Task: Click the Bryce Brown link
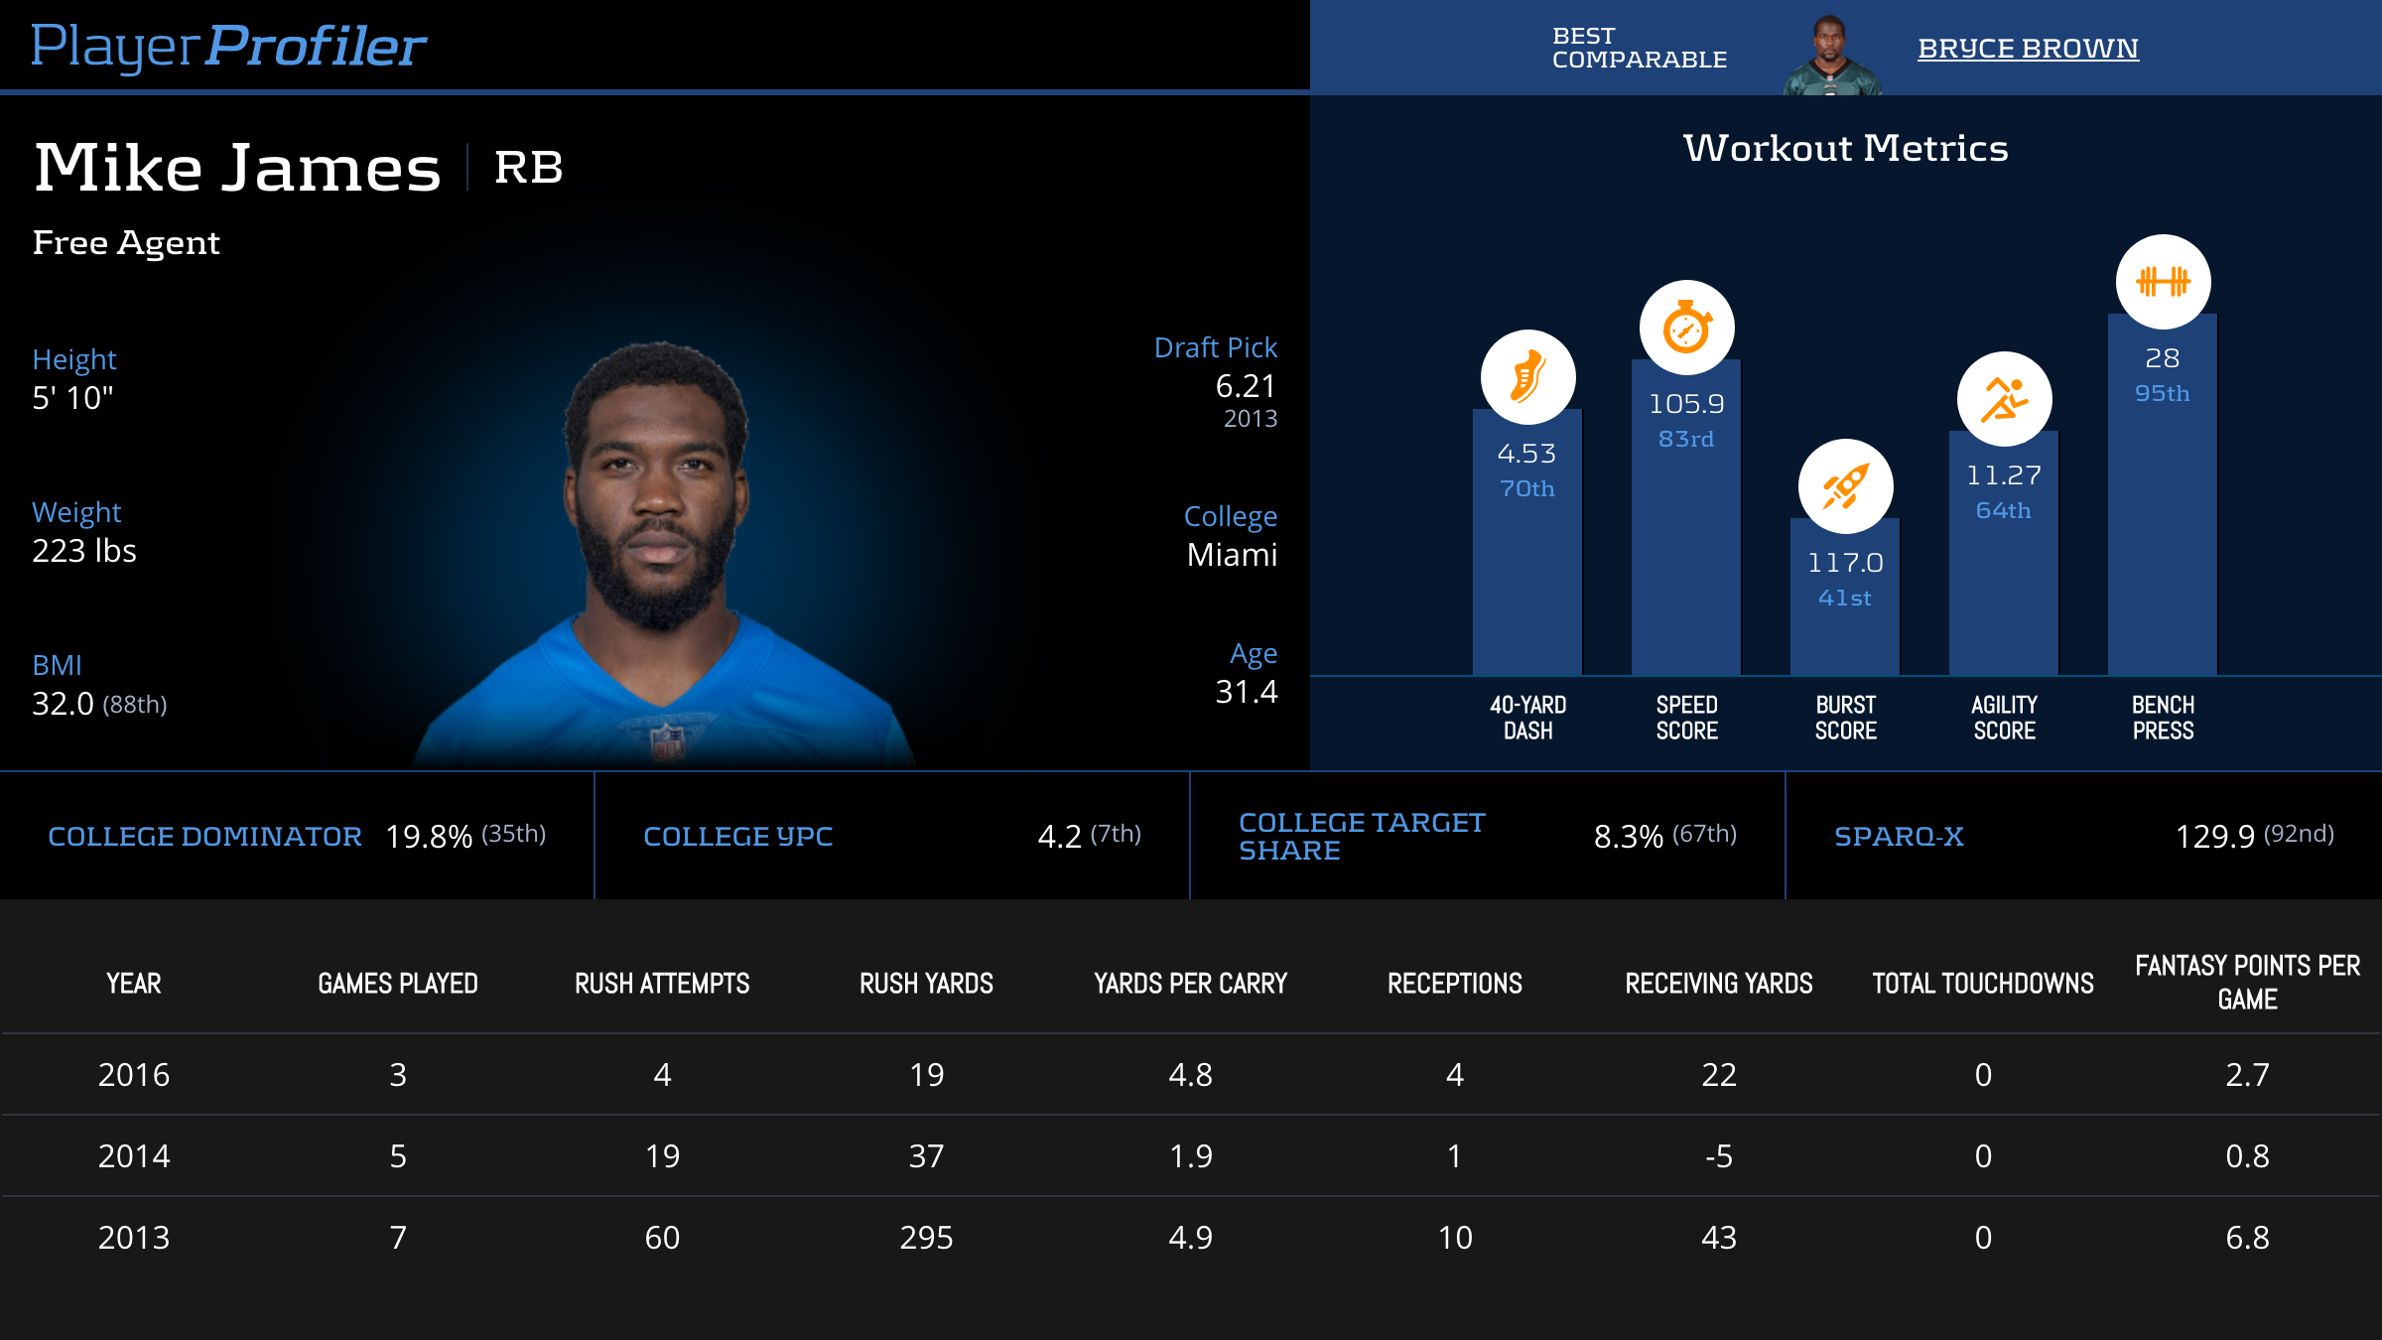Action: click(x=2027, y=48)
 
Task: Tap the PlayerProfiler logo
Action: click(x=228, y=46)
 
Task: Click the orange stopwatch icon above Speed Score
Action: click(x=1686, y=328)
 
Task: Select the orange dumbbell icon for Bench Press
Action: click(x=2163, y=282)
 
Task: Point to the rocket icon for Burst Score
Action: click(x=1845, y=486)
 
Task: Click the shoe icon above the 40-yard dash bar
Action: click(x=1527, y=377)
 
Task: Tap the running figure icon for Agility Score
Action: click(x=2004, y=399)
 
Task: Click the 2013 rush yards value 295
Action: click(x=926, y=1238)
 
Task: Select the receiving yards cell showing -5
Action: click(x=1718, y=1156)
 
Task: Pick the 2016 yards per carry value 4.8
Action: click(x=1190, y=1075)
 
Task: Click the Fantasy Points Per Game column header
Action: click(x=2247, y=982)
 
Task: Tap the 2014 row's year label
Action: click(x=134, y=1156)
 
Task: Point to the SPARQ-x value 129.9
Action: click(x=2214, y=837)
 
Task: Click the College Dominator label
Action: click(x=204, y=837)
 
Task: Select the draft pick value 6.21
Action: click(x=1246, y=386)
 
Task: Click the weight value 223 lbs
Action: click(x=84, y=551)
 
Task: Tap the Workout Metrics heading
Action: click(x=1845, y=148)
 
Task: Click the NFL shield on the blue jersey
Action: click(x=667, y=739)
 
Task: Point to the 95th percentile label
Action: click(x=2162, y=393)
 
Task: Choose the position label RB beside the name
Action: click(x=528, y=167)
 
